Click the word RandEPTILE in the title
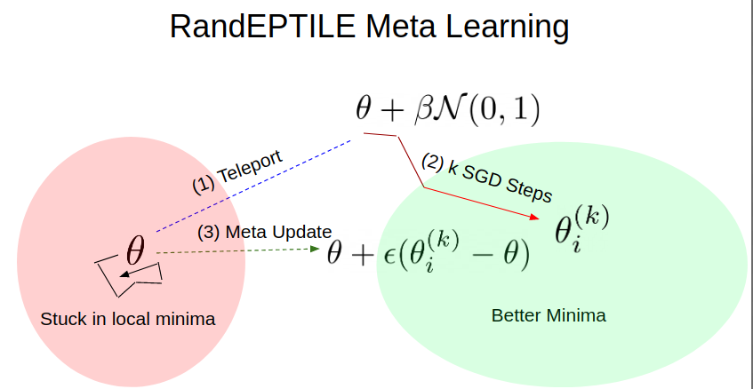(263, 27)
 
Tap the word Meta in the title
(401, 27)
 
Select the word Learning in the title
(507, 28)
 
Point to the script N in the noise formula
(452, 109)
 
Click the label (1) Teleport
(237, 171)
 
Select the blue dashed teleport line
(253, 187)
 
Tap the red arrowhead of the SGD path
(534, 217)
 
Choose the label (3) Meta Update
(265, 232)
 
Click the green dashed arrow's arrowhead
(316, 249)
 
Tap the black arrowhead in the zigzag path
(124, 274)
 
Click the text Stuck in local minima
(128, 319)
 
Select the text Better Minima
(549, 315)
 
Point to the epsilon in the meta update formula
(390, 256)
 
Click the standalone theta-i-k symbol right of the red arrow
(581, 229)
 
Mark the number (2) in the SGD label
(432, 162)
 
